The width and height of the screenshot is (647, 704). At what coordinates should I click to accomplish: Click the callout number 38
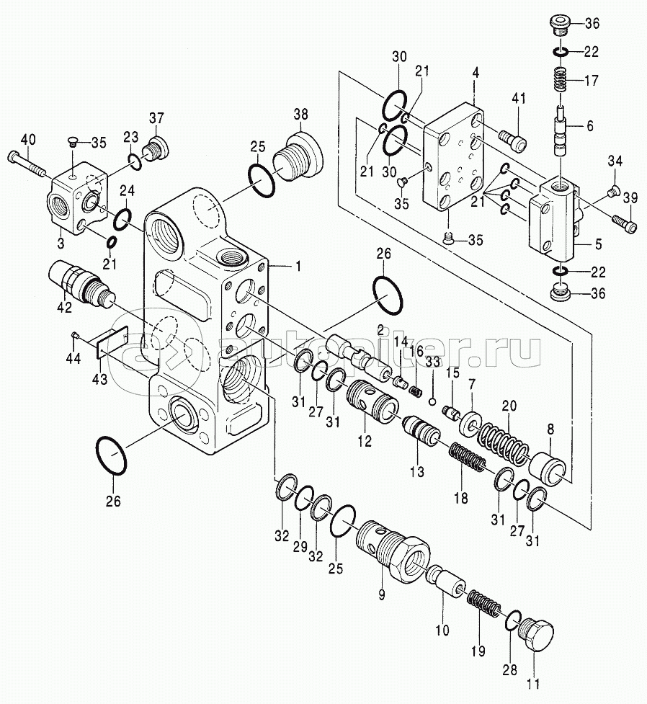pos(300,113)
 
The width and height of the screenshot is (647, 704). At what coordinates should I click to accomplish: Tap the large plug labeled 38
pos(295,156)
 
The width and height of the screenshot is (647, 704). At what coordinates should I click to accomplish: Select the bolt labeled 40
pos(28,163)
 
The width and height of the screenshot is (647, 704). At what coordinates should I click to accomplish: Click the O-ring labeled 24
pos(123,216)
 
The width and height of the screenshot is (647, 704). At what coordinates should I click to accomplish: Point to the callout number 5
pos(597,244)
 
